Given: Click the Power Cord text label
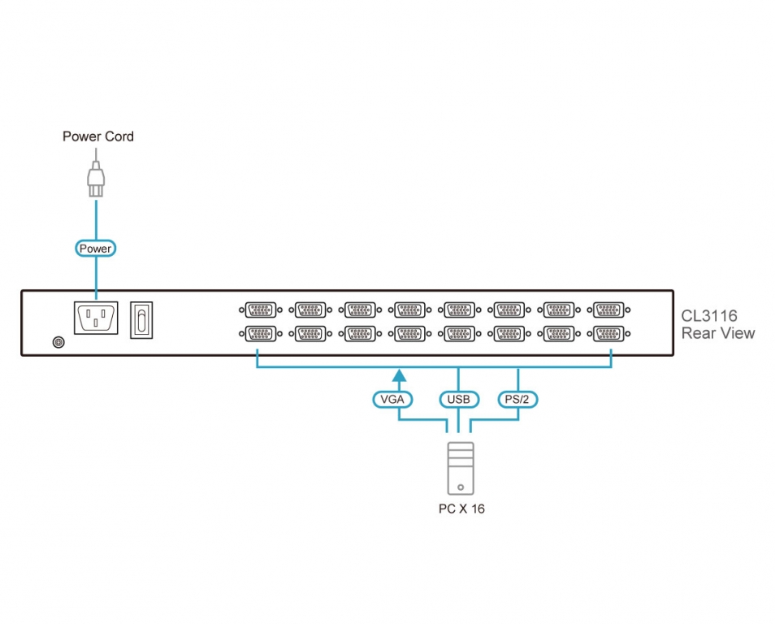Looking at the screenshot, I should point(98,136).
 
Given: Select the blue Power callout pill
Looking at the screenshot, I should point(96,248).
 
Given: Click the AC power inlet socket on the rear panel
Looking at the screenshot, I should point(97,318).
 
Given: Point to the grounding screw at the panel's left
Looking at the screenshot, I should point(58,343).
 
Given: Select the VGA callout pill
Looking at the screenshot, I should point(392,399).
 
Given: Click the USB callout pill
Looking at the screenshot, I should point(459,399).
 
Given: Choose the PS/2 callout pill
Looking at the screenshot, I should point(518,399).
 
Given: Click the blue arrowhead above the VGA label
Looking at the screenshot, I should point(399,375).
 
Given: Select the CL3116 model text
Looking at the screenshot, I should point(709,316).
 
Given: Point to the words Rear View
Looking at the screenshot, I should point(717,333).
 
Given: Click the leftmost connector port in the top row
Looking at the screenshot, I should point(259,310).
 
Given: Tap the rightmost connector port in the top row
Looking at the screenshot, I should point(608,310).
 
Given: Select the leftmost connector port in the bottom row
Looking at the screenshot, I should point(259,333).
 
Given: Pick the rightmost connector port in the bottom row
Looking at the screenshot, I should point(608,333).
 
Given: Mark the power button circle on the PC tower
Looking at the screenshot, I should point(461,488).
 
